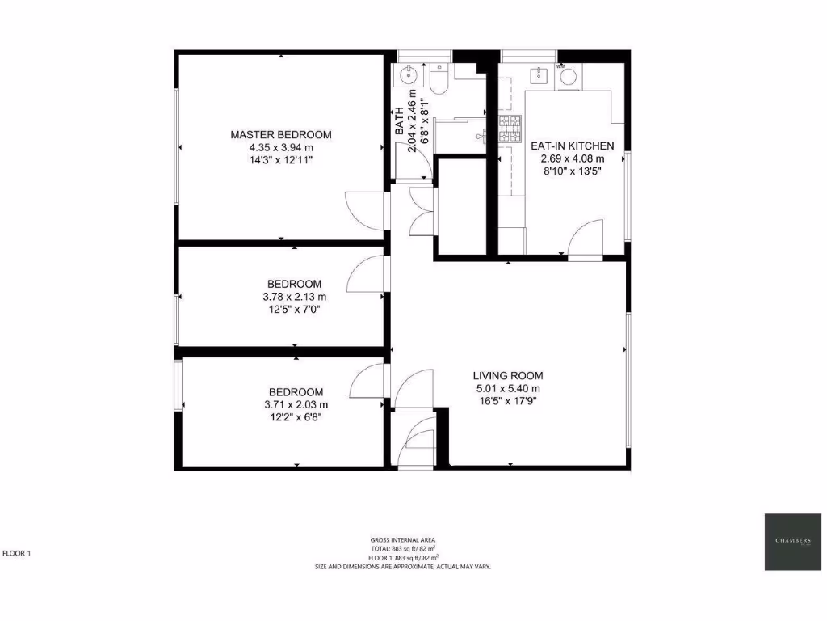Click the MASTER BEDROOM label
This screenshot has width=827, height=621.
[x=280, y=134]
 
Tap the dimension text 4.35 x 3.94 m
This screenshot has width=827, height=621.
[x=280, y=147]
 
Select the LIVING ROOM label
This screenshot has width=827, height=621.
[x=508, y=375]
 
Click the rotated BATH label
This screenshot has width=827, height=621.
[x=399, y=122]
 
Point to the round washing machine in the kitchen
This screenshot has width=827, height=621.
[x=569, y=77]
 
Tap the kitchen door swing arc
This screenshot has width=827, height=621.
[x=586, y=238]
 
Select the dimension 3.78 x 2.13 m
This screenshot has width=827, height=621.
[x=294, y=296]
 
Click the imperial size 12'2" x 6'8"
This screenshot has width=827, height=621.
[x=296, y=417]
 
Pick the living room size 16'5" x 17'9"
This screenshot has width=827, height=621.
[x=508, y=401]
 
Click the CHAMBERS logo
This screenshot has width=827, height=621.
[x=793, y=541]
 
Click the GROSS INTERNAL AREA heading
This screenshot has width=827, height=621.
[x=404, y=539]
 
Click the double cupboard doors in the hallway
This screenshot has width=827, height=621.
[x=422, y=212]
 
